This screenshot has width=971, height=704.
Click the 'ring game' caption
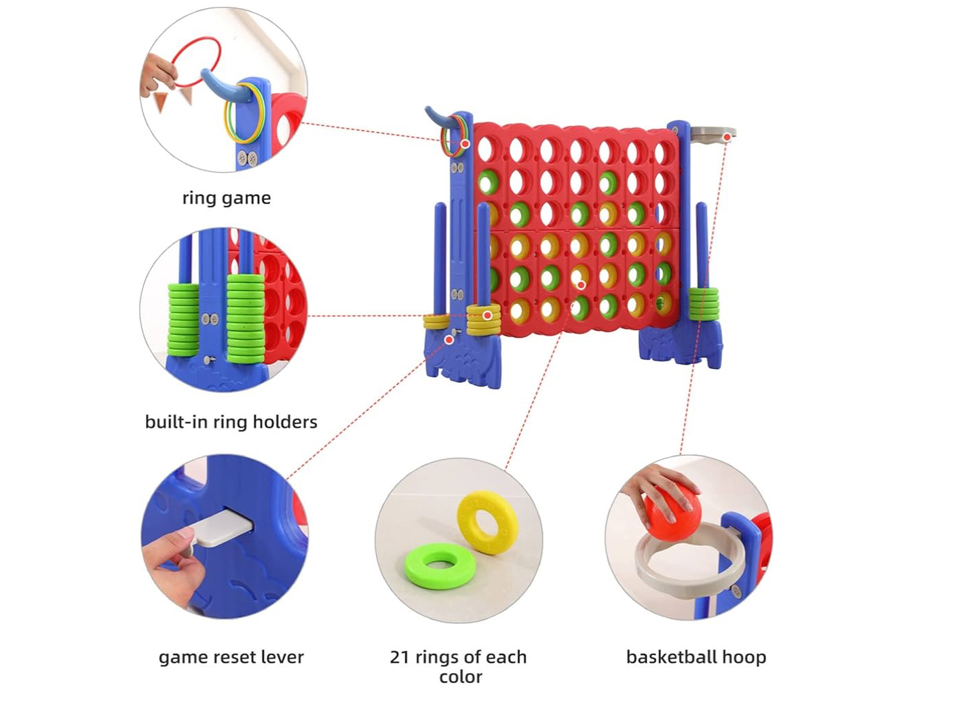point(226,198)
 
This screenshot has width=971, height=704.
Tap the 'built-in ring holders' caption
point(231,422)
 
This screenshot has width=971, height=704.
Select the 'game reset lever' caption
point(231,657)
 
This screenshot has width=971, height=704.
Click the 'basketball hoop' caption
point(696,657)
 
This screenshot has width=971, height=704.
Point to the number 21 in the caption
point(400,657)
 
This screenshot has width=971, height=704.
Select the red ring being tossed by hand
point(196,61)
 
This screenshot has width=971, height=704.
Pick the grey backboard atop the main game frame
point(712,132)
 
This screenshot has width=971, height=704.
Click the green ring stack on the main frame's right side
point(704,304)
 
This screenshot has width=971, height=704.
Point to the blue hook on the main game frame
point(438,119)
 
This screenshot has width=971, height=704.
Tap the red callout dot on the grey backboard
point(727,137)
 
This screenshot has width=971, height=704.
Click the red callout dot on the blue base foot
point(449,339)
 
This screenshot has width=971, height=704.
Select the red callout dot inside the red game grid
point(581,285)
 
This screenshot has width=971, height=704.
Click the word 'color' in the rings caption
point(460,677)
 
